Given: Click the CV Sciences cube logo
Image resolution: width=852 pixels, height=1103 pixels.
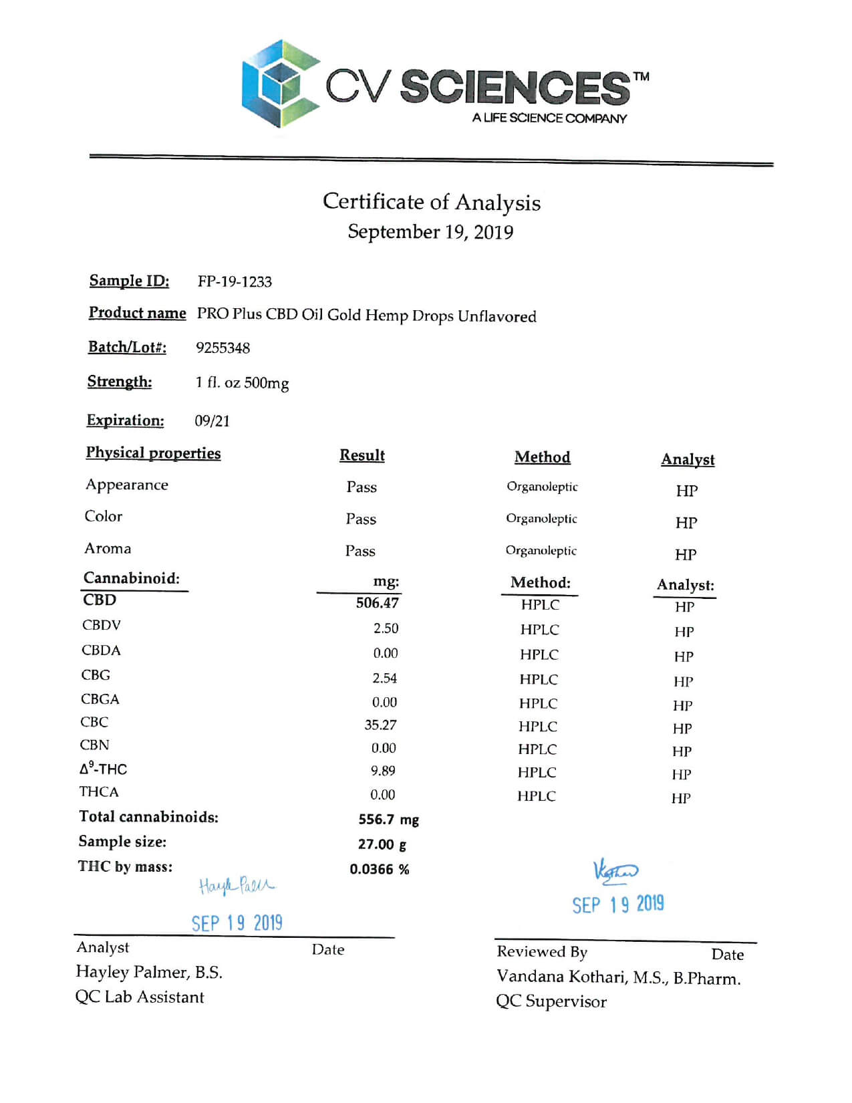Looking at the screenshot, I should click(279, 83).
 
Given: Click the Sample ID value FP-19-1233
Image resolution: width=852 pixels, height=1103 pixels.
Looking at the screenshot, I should click(235, 281).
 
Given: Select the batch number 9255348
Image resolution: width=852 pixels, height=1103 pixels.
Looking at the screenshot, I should click(223, 348).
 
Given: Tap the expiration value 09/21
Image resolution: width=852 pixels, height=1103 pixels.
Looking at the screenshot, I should click(212, 420).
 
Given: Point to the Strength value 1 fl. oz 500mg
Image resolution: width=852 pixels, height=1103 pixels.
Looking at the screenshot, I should click(242, 382).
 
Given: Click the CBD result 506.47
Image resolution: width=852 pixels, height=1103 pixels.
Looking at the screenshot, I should click(377, 603).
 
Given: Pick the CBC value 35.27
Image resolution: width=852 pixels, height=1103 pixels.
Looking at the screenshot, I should click(380, 725).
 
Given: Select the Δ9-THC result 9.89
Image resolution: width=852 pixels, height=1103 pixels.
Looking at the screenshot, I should click(383, 771).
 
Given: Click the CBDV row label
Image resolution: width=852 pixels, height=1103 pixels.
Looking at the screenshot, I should click(101, 625).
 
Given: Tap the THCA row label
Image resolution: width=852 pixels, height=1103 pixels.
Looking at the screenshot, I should click(99, 792).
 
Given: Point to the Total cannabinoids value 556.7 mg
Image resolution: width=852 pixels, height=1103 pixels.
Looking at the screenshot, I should click(388, 820).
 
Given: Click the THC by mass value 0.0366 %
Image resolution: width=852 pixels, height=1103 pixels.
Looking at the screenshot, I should click(379, 869).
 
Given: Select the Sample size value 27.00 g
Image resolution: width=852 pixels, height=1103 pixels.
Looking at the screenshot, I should click(382, 844).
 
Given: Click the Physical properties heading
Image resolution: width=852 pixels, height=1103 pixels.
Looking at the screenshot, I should click(153, 453).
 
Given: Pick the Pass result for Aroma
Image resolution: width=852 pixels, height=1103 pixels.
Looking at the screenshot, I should click(360, 551).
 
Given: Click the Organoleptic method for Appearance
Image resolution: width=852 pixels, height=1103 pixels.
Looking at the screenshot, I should click(542, 487).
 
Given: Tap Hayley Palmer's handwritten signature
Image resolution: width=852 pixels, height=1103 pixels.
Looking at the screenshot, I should click(237, 886).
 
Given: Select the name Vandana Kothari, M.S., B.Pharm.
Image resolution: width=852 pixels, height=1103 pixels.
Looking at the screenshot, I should click(618, 977).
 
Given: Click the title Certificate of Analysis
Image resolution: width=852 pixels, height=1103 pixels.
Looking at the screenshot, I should click(432, 202).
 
